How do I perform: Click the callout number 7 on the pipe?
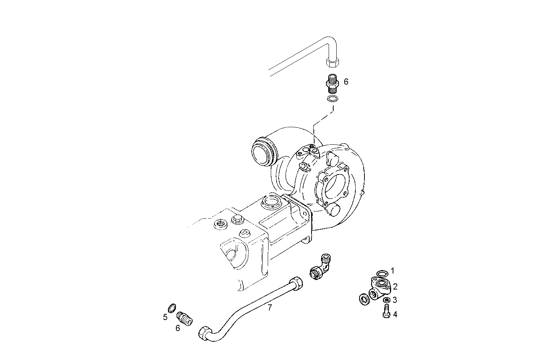click(x=270, y=307)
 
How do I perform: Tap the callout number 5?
click(x=165, y=317)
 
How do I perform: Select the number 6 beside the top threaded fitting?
click(x=346, y=82)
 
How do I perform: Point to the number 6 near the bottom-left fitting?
click(x=178, y=328)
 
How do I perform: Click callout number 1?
click(x=393, y=270)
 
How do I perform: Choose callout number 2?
click(x=395, y=287)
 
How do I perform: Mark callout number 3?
click(x=395, y=300)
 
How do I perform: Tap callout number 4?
click(x=395, y=314)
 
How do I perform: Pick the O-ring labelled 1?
click(x=382, y=274)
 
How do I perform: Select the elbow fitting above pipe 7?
click(x=320, y=267)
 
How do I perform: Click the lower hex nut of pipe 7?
click(x=204, y=333)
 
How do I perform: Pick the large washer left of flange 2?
click(x=364, y=298)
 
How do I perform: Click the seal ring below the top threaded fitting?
click(x=332, y=99)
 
